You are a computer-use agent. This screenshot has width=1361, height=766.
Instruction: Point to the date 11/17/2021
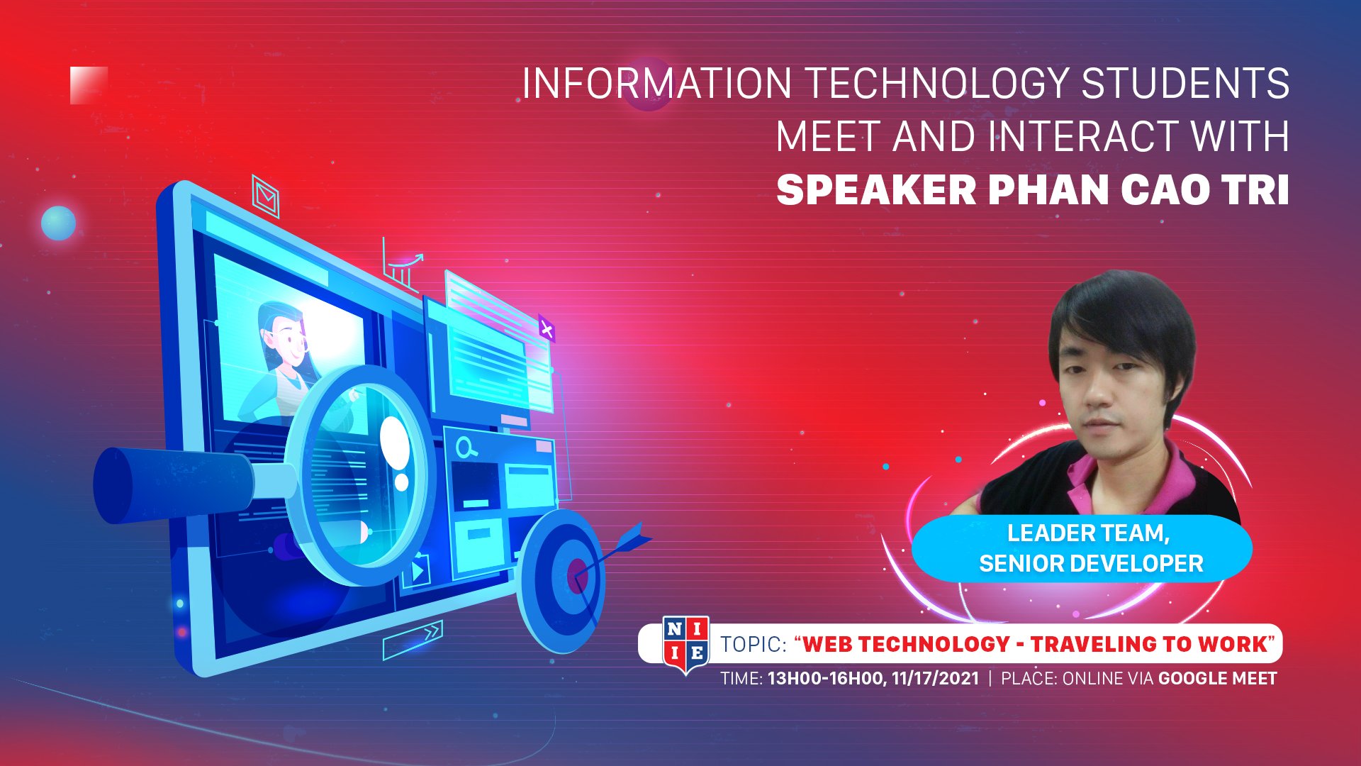(x=935, y=679)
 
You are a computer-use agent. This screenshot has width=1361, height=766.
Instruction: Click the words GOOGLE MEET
(x=1217, y=679)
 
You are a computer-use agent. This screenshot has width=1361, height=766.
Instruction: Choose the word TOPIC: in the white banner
(x=754, y=644)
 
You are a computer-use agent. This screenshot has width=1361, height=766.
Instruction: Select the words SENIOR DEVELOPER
(x=1091, y=564)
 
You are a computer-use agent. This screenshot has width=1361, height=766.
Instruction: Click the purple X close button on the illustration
(x=547, y=328)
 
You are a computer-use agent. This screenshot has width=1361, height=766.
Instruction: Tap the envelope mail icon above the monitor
(x=266, y=196)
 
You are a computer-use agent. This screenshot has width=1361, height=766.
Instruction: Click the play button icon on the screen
(x=417, y=572)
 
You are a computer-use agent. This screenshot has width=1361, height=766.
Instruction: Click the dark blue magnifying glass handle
(x=174, y=485)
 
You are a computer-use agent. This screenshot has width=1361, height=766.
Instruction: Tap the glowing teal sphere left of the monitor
(x=58, y=223)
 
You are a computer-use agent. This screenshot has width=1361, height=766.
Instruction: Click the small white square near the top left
(x=89, y=85)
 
